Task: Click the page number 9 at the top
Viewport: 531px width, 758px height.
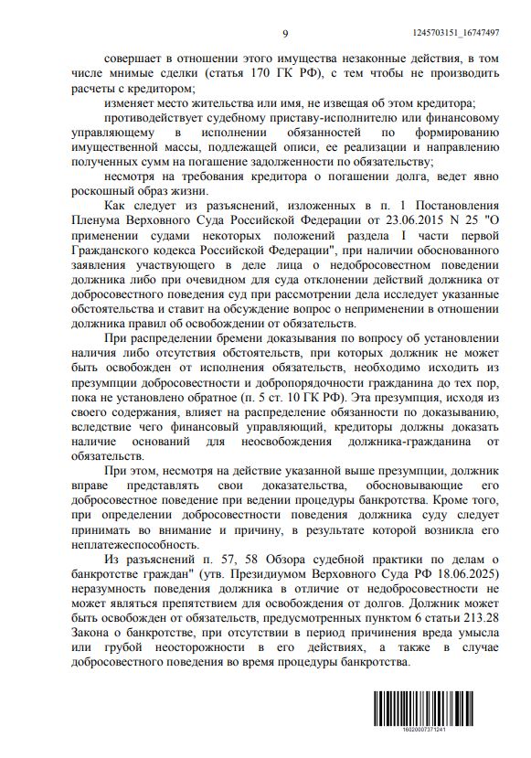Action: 284,33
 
